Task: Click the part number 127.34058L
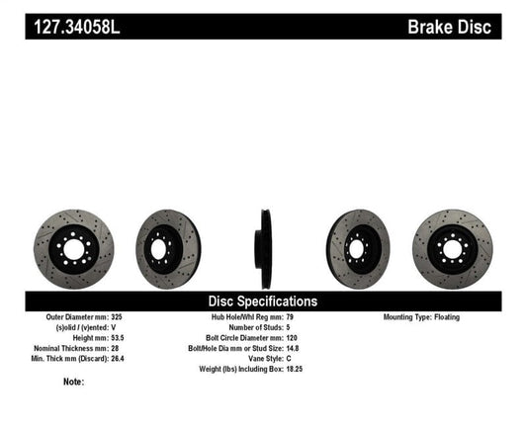tap(72, 27)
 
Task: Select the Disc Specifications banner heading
tap(262, 301)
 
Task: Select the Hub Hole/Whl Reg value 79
tap(303, 317)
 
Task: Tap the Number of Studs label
tap(262, 328)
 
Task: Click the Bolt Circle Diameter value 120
tap(305, 338)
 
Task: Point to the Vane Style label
tap(272, 359)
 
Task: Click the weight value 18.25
tap(308, 369)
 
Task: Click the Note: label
tap(71, 382)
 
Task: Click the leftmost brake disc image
tap(73, 243)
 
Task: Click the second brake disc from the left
tap(167, 243)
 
